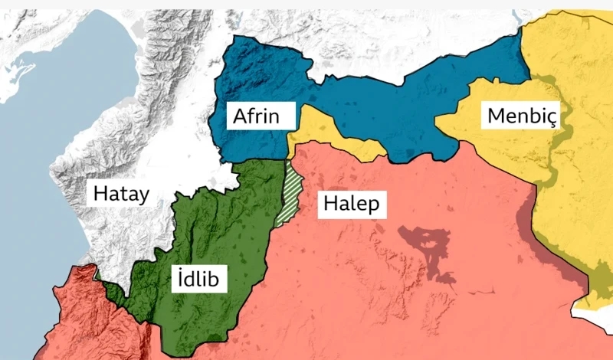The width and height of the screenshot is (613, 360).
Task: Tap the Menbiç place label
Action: click(x=520, y=116)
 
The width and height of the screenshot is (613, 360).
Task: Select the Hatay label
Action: click(x=121, y=194)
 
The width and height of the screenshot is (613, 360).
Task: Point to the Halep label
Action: click(x=351, y=204)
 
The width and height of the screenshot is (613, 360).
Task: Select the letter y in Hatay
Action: click(x=143, y=195)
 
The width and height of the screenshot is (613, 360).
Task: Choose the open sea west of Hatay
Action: click(x=31, y=191)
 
